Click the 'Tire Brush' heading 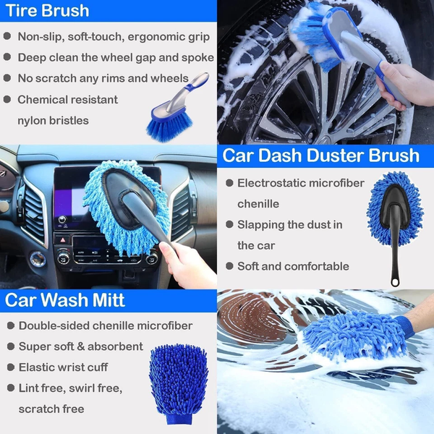(47, 10)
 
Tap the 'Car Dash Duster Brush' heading (320, 155)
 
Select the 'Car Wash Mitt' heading (66, 300)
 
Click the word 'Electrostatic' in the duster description (275, 183)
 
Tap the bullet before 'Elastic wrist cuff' (7, 367)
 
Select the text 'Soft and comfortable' (293, 266)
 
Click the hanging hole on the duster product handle (395, 278)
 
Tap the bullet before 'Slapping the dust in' (229, 225)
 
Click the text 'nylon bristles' (53, 120)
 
